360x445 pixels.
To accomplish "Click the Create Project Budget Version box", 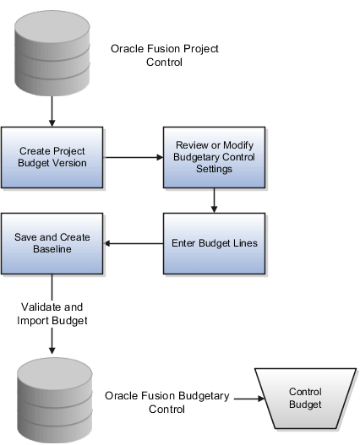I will click(x=52, y=157).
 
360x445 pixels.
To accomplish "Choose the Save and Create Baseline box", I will click(x=52, y=243).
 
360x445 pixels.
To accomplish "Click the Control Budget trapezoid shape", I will click(x=305, y=398).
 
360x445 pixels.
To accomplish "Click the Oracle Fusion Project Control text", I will click(x=165, y=55).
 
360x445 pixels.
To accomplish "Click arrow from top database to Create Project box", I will click(x=52, y=111).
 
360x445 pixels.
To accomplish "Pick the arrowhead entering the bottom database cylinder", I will click(x=52, y=348).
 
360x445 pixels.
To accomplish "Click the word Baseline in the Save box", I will click(x=52, y=249).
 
